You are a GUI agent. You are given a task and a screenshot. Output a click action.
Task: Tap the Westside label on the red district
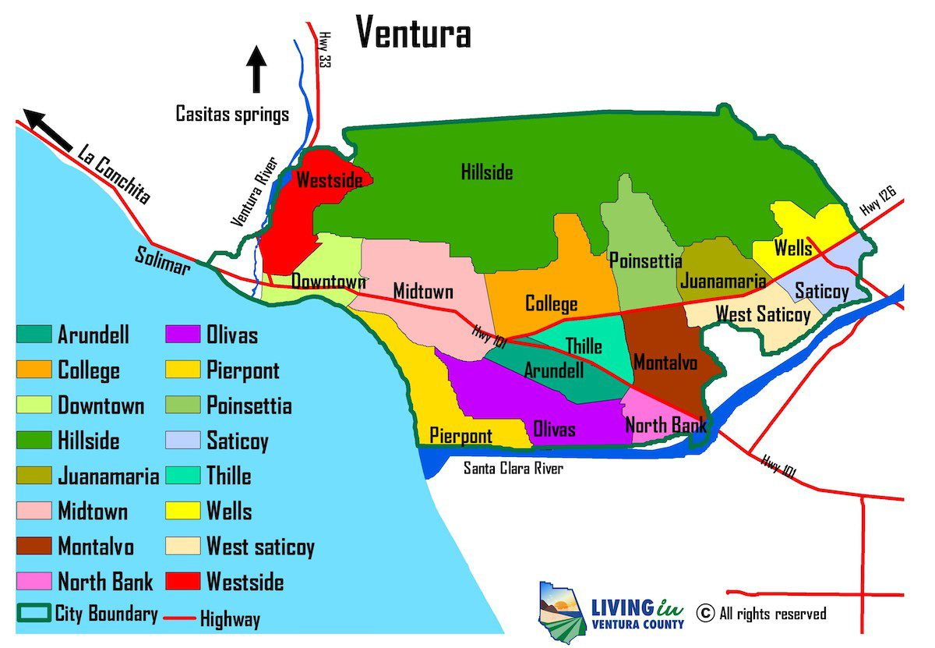click(330, 180)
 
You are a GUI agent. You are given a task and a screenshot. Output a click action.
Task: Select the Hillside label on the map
click(487, 172)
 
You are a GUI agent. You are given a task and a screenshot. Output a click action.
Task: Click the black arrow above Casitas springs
click(256, 69)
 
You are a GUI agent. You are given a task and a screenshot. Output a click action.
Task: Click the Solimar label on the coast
click(162, 260)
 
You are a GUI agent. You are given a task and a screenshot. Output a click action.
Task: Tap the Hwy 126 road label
click(879, 201)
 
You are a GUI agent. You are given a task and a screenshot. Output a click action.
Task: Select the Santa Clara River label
click(513, 468)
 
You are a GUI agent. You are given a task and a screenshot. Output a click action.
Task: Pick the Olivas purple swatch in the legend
click(183, 335)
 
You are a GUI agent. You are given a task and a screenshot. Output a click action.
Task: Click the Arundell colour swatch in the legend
click(34, 335)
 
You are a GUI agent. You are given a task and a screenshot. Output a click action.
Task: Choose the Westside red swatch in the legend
click(183, 582)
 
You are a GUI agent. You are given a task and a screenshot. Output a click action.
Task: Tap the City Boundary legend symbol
click(34, 614)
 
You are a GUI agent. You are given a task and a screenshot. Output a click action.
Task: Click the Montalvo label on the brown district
click(662, 363)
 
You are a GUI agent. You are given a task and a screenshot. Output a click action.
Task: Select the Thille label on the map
click(583, 345)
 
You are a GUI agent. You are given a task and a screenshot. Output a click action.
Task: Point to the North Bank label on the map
click(666, 425)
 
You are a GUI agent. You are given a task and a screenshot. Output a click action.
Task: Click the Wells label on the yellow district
click(792, 249)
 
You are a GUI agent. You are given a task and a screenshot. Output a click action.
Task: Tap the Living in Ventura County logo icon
click(561, 610)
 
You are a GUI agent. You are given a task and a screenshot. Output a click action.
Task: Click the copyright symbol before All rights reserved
click(705, 613)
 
